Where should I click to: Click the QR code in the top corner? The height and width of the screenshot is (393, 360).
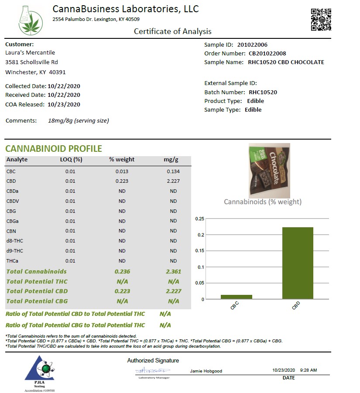click(321, 20)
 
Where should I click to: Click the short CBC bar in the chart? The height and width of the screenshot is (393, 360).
click(236, 297)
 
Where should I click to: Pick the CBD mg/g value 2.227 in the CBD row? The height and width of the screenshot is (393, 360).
click(173, 181)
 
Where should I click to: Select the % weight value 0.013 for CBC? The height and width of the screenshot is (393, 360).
click(122, 171)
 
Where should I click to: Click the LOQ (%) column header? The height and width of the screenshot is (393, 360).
click(71, 159)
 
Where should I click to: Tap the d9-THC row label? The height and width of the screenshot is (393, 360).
click(15, 251)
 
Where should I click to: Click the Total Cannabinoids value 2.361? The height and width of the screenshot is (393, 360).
click(173, 271)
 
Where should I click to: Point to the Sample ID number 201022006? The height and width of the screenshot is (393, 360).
click(252, 44)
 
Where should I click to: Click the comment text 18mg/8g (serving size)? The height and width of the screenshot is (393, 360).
click(79, 120)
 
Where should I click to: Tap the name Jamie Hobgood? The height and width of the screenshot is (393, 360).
click(206, 371)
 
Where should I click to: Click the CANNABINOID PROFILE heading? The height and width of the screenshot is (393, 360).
click(54, 149)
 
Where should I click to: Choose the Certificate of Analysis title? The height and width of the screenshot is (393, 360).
click(172, 31)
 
